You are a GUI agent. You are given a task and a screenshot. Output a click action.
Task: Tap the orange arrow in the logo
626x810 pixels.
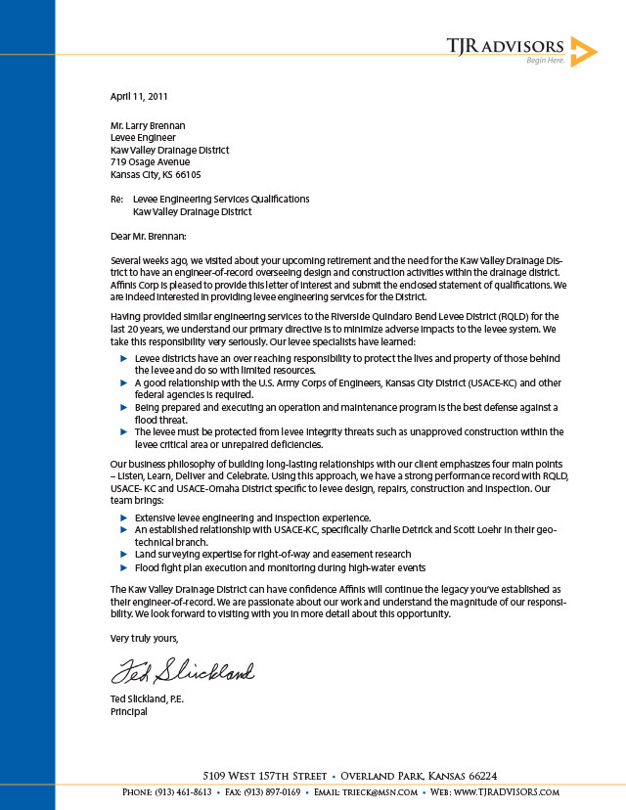click(583, 51)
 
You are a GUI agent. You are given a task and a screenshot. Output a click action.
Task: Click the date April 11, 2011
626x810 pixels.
click(139, 97)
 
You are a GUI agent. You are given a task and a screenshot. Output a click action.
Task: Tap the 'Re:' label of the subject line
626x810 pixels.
click(116, 200)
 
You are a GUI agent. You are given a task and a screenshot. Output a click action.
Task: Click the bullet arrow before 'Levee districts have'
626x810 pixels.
click(123, 359)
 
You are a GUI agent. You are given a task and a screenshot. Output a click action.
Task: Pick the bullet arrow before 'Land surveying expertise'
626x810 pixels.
click(123, 554)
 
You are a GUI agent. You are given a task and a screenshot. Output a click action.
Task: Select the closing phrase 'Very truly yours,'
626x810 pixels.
click(145, 638)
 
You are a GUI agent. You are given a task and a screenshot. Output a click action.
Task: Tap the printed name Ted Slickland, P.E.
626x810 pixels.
click(147, 699)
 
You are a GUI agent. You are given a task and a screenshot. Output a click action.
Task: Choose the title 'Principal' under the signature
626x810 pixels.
click(129, 712)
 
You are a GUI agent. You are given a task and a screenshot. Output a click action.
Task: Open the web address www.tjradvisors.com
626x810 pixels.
click(506, 792)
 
